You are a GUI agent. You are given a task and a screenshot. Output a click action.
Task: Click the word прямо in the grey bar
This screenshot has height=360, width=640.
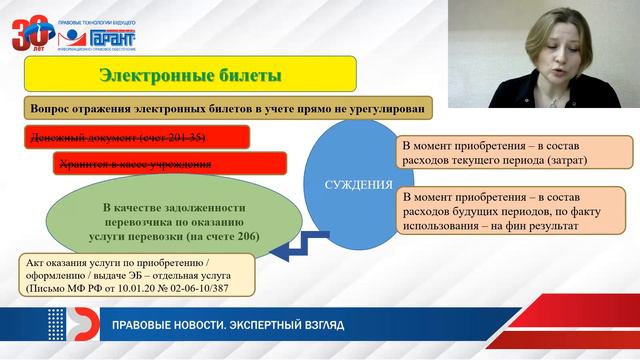(x=323, y=107)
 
